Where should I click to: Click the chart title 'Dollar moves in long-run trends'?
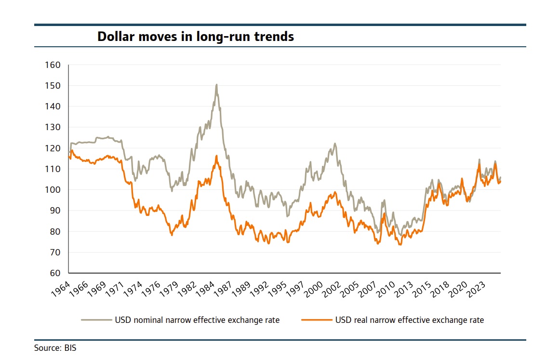coord(196,37)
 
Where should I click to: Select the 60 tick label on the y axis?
coord(54,273)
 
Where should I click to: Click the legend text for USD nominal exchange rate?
coord(197,320)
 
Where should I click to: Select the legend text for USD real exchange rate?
coord(409,320)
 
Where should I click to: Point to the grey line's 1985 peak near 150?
coord(216,85)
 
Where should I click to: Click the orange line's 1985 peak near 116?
coord(216,156)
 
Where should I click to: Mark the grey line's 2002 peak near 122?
coord(334,144)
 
